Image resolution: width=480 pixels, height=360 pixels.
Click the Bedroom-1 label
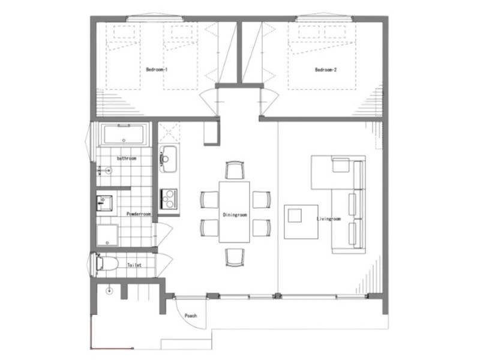pyautogui.click(x=157, y=70)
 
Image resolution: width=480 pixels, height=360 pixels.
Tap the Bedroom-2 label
pyautogui.click(x=326, y=70)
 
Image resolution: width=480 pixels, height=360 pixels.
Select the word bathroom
pyautogui.click(x=127, y=158)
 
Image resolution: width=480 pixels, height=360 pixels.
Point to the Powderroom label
pyautogui.click(x=139, y=214)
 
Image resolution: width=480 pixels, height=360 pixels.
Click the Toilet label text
pyautogui.click(x=134, y=265)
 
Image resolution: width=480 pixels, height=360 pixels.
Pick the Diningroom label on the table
pyautogui.click(x=235, y=215)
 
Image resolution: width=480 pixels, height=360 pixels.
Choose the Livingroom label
pyautogui.click(x=328, y=219)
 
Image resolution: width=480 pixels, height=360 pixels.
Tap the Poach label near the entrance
pyautogui.click(x=191, y=316)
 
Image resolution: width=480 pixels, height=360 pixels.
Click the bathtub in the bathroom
pyautogui.click(x=124, y=134)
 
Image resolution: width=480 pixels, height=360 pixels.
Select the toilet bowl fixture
pyautogui.click(x=107, y=263)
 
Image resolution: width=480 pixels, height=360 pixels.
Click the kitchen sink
pyautogui.click(x=168, y=158)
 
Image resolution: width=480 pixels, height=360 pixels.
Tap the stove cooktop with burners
pyautogui.click(x=169, y=199)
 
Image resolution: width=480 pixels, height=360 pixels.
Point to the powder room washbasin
pyautogui.click(x=104, y=203)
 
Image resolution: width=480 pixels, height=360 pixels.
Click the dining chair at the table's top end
pyautogui.click(x=235, y=170)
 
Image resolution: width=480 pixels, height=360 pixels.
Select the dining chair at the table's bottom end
pyautogui.click(x=235, y=257)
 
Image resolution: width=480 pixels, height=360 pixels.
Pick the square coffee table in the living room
pyautogui.click(x=301, y=222)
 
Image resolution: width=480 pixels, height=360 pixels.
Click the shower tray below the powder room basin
pyautogui.click(x=107, y=235)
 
